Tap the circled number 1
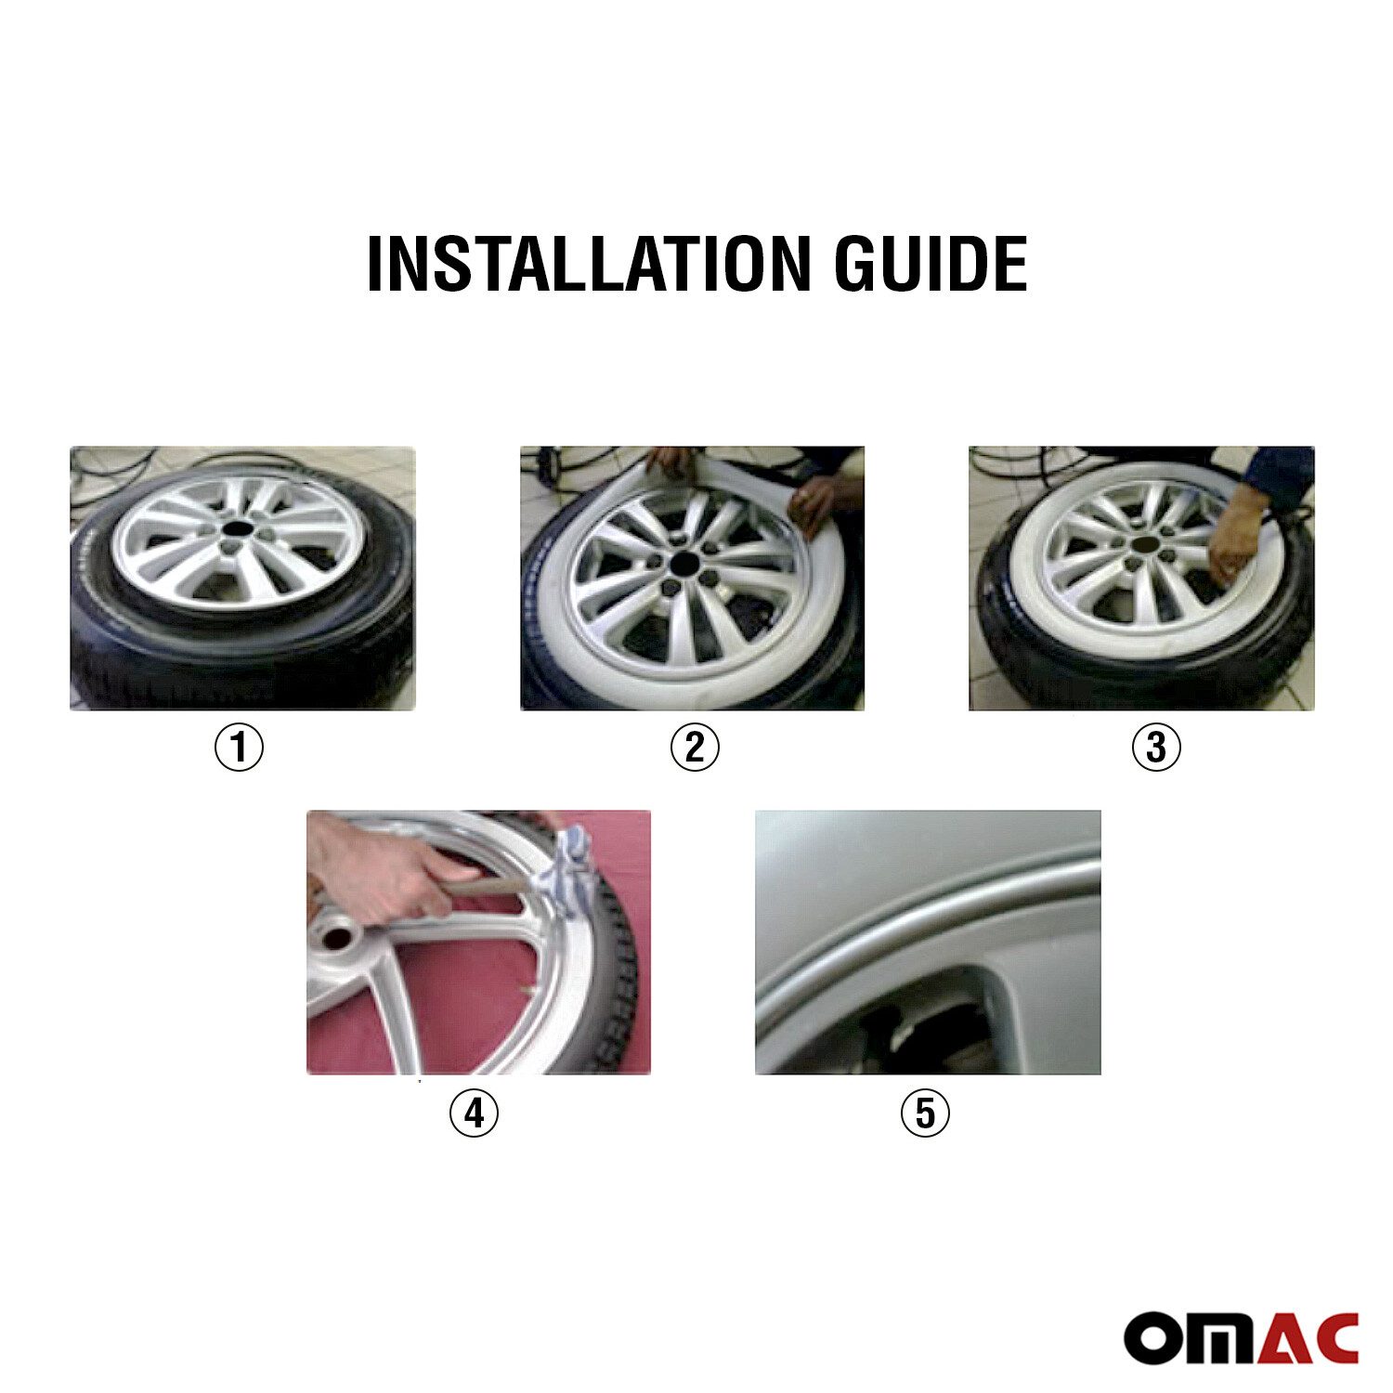coord(239,747)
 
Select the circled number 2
coord(695,747)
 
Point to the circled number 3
coord(1155,747)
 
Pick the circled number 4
coord(474,1112)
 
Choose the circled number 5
coord(925,1112)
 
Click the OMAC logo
coord(1241,1337)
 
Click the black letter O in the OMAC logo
coord(1152,1339)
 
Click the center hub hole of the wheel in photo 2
coord(685,563)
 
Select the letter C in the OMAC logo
coord(1332,1338)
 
